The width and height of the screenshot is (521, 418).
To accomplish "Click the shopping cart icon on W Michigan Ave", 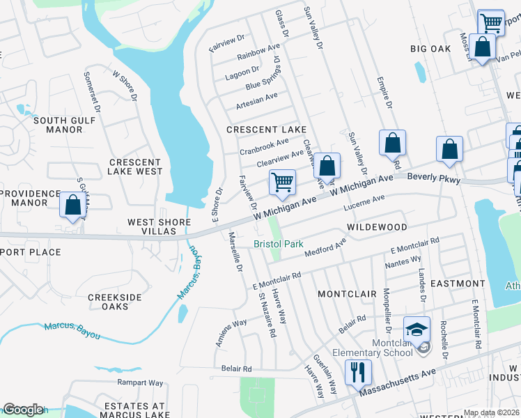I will click(282, 183).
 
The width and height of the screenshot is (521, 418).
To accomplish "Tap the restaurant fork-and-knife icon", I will click(358, 373).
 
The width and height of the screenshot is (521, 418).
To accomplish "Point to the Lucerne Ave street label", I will click(364, 203).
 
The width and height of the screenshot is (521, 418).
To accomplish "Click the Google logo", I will click(22, 410).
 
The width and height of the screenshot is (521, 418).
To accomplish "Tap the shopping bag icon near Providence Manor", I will click(72, 205).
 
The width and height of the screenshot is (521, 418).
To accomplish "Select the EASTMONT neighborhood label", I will click(458, 284).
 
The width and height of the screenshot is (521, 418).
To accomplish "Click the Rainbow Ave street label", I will click(258, 52).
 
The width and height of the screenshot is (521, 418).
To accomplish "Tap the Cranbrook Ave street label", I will click(264, 146).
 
